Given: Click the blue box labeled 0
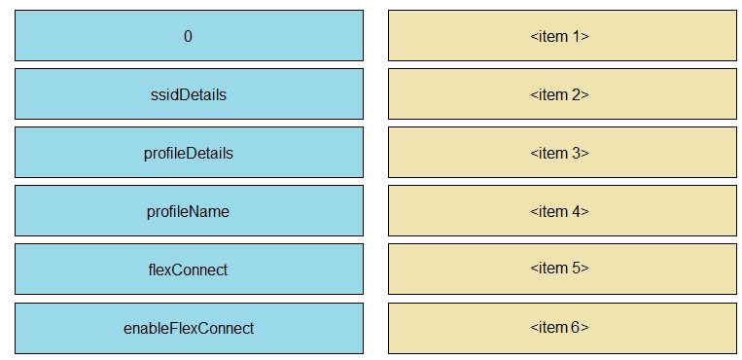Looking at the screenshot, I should [189, 36].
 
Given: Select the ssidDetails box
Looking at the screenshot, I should [189, 94].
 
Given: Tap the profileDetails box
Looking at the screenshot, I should [189, 153].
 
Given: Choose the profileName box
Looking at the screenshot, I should [189, 211].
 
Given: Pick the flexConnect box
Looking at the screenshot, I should [189, 270].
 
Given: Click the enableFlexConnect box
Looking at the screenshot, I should [189, 328].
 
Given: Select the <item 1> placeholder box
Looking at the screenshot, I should [561, 36].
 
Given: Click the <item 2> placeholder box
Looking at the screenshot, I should [561, 94].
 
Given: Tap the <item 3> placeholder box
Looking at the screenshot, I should [561, 153].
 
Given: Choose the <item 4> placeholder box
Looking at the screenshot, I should [561, 211].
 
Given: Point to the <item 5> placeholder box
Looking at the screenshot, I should [561, 270].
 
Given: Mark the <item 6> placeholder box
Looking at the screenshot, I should [561, 328].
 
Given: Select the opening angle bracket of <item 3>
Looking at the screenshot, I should [534, 153].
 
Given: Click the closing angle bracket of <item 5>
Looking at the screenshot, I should [585, 270].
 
